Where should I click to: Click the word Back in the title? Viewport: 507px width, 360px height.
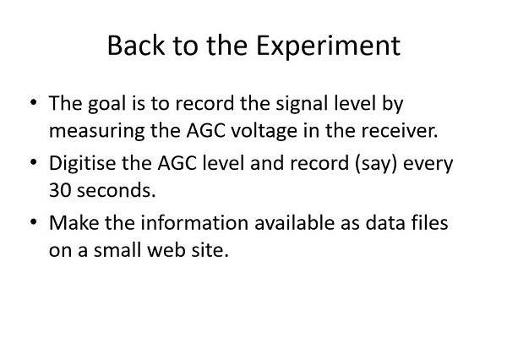(x=136, y=46)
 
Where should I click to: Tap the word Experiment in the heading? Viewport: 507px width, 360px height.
(x=328, y=47)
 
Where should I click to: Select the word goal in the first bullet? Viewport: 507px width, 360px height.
(x=106, y=105)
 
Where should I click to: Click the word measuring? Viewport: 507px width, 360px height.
(x=96, y=132)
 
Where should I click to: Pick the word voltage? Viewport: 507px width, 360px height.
(x=264, y=132)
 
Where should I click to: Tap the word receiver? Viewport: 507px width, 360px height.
(x=400, y=131)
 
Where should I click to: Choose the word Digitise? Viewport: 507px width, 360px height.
(x=83, y=163)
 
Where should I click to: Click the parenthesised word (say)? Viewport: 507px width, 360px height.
(x=375, y=164)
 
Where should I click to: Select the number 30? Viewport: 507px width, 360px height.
(x=60, y=190)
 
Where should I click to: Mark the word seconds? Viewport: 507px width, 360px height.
(x=117, y=190)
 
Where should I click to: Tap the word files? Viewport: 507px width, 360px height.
(x=430, y=222)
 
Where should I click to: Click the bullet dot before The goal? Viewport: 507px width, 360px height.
(x=34, y=102)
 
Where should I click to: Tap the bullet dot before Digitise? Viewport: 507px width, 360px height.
(x=34, y=161)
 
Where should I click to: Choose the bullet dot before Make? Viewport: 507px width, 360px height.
(x=34, y=221)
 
